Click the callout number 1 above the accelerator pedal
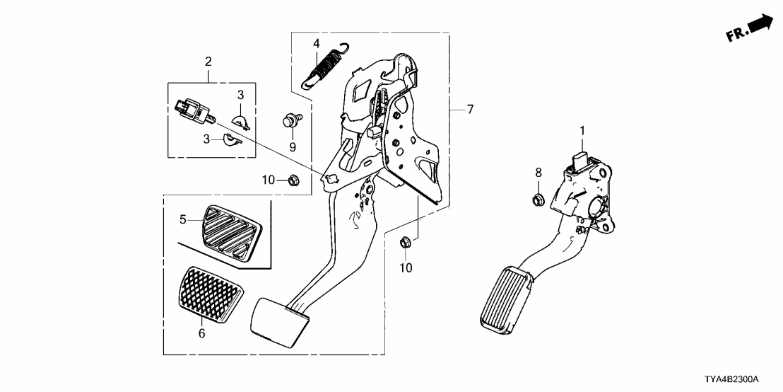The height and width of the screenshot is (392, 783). tap(582, 130)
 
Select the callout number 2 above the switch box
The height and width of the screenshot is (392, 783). tap(208, 62)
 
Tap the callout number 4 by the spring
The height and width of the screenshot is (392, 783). tap(317, 44)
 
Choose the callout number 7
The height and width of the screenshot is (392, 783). tap(469, 110)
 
